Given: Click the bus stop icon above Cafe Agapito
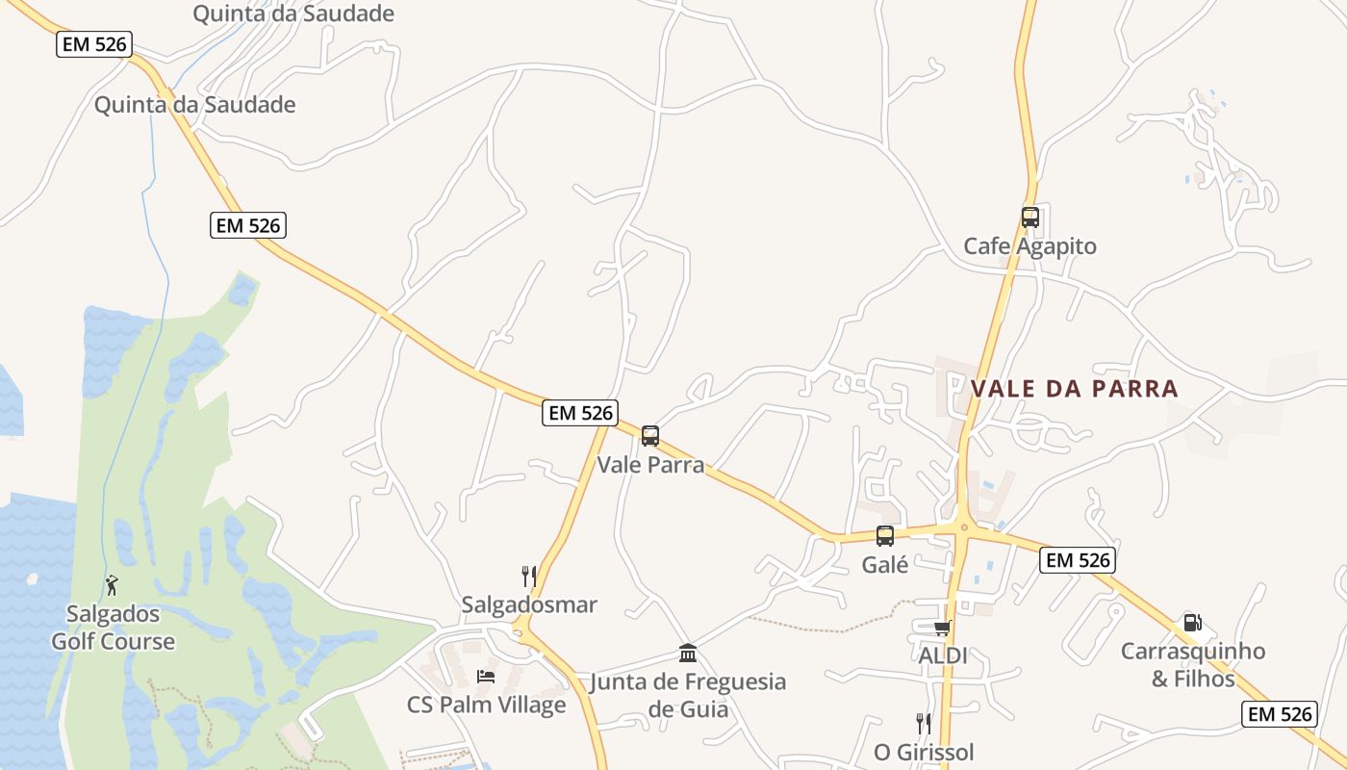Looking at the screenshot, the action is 1029,218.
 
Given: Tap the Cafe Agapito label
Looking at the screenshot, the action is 1029,246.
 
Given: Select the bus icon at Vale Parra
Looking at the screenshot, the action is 650,436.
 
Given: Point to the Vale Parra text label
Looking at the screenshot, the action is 650,465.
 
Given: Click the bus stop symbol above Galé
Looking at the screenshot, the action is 885,536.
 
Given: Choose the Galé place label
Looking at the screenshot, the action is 885,565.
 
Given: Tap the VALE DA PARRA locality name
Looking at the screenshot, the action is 1074,389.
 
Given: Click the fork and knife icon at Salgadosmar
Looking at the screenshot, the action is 528,576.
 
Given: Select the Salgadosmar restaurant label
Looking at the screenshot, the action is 529,604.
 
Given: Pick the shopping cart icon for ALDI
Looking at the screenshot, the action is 942,628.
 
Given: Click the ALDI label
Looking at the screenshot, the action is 942,656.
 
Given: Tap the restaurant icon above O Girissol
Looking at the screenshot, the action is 924,723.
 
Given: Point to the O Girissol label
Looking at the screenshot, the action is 924,752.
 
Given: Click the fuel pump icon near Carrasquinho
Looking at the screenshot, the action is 1192,623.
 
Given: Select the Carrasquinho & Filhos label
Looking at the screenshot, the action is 1193,665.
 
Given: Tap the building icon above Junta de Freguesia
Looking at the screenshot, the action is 688,654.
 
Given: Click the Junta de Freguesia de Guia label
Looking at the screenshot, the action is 688,696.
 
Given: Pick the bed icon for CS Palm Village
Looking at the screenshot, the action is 486,677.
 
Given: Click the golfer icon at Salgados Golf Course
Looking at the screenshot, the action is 113,584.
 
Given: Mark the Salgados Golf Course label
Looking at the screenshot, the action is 114,628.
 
